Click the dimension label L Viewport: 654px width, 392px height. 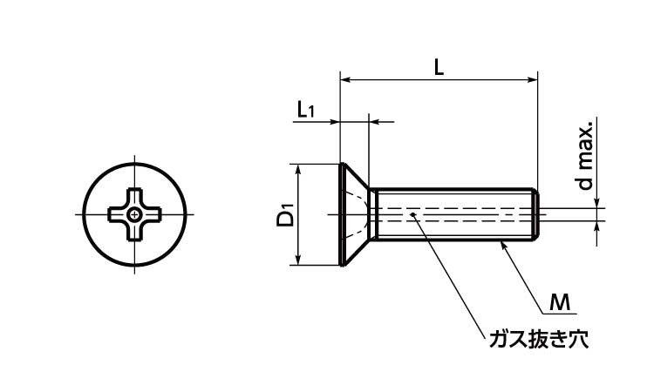pos(439,67)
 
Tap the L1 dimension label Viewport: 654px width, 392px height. pos(306,110)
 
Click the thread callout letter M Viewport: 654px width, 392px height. pos(559,302)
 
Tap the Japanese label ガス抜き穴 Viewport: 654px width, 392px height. pos(539,340)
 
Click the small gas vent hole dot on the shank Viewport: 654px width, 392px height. pos(412,214)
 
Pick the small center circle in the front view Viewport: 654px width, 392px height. pos(134,214)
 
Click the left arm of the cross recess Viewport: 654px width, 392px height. pos(118,214)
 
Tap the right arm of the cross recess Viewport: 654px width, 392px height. pos(152,214)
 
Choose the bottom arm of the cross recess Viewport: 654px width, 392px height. pos(134,231)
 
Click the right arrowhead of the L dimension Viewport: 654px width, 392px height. pos(532,79)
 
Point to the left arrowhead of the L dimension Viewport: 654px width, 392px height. pos(346,79)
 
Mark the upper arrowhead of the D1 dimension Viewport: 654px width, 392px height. pos(298,170)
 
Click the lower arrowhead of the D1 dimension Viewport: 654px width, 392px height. pos(298,259)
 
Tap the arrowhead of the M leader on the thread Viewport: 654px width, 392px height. pos(503,246)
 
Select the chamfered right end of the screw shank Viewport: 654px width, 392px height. pos(536,214)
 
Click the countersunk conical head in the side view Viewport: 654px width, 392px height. pos(355,214)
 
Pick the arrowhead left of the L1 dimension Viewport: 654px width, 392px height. pos(335,122)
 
